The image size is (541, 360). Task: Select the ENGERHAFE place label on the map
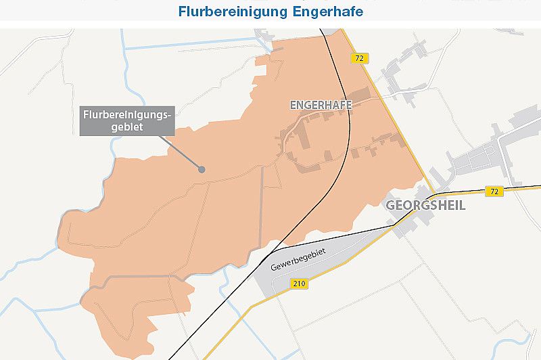tap(321, 105)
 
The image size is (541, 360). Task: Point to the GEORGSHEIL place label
tap(425, 206)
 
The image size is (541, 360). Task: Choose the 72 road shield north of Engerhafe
tap(359, 59)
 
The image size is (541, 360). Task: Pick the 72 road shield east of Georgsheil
tap(494, 192)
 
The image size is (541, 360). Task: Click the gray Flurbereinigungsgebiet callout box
tap(126, 121)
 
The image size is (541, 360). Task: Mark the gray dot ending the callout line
tap(201, 169)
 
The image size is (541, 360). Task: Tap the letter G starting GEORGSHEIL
tap(390, 206)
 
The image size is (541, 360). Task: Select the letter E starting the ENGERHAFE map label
tap(293, 105)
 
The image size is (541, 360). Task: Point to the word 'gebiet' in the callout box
tap(126, 128)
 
